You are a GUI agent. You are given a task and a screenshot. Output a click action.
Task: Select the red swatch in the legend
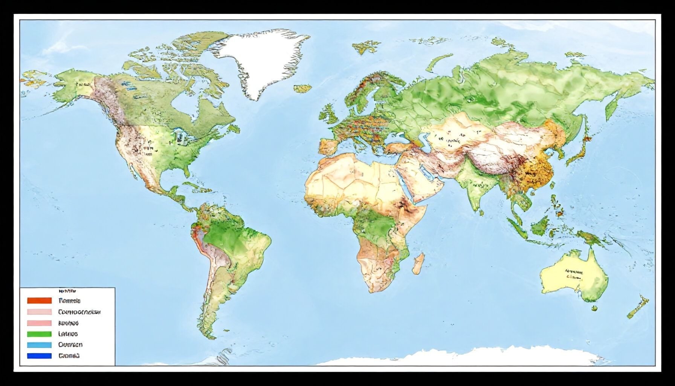click(39, 300)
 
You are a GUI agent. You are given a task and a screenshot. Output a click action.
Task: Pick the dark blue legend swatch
click(39, 355)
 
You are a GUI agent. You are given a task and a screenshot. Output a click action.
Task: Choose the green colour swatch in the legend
click(39, 334)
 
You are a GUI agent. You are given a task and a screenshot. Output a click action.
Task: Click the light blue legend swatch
click(39, 345)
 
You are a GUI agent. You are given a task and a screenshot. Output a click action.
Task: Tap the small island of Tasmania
click(594, 309)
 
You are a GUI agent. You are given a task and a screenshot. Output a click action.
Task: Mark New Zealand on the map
click(638, 308)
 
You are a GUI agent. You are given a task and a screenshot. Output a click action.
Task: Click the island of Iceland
click(302, 89)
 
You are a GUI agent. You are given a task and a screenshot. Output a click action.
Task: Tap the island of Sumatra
click(516, 226)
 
